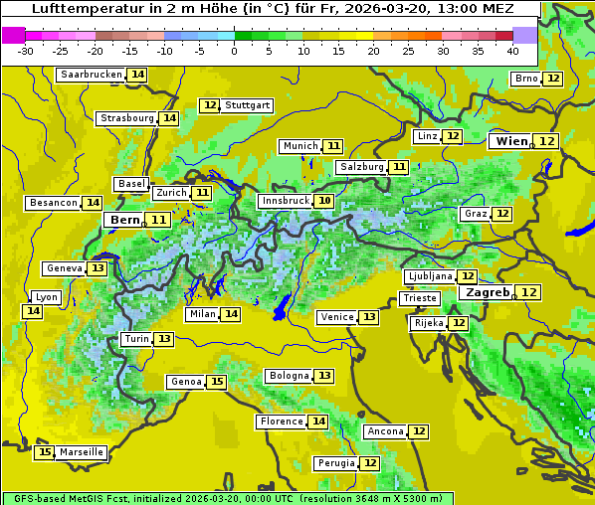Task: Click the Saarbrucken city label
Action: (x=91, y=75)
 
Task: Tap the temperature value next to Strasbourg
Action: (x=170, y=118)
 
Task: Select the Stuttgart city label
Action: (x=248, y=105)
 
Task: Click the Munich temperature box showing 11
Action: (x=333, y=146)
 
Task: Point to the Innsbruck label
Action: (x=285, y=201)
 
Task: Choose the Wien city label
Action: (x=512, y=141)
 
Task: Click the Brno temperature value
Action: (x=553, y=79)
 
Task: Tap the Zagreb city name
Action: (x=488, y=292)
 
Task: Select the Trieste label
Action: (x=419, y=298)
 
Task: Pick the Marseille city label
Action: (x=82, y=452)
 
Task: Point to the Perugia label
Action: (x=334, y=463)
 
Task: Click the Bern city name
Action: (x=125, y=220)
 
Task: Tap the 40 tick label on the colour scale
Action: (x=512, y=51)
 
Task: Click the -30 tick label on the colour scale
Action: (x=26, y=51)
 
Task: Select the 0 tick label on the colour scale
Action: (x=235, y=51)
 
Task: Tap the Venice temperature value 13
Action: (x=369, y=317)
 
